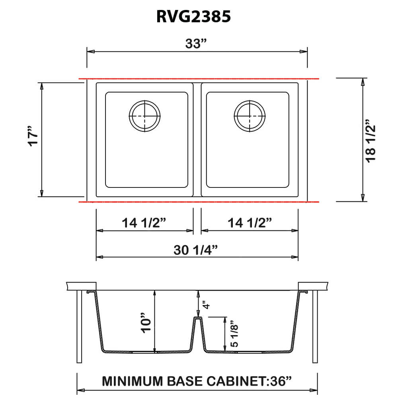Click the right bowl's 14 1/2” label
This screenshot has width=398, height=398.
tap(250, 223)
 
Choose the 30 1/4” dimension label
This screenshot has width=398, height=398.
tap(196, 250)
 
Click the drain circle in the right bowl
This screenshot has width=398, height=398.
tap(249, 115)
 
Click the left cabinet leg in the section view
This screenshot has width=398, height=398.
tap(79, 326)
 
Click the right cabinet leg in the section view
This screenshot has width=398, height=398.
tap(315, 326)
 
